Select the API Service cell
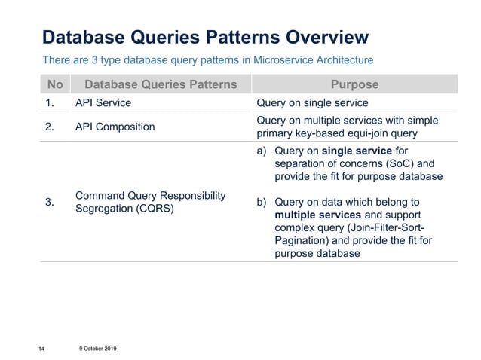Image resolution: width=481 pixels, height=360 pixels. [x=103, y=103]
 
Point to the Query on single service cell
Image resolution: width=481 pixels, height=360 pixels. [x=312, y=103]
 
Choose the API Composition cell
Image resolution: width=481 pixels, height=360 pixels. [x=115, y=127]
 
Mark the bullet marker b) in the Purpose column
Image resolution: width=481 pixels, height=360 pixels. [x=262, y=201]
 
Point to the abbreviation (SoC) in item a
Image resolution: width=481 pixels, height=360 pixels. [x=400, y=163]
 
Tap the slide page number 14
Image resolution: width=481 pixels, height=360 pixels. [x=43, y=347]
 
